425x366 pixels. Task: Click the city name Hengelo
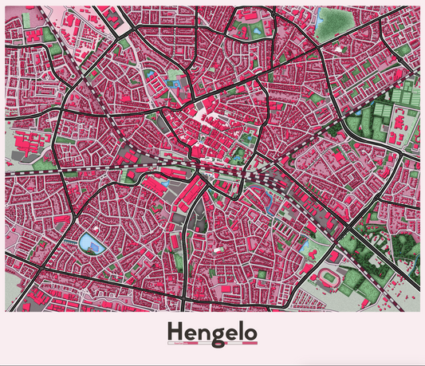212,330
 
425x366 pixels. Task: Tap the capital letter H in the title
174,329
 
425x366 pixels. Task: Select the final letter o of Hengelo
250,331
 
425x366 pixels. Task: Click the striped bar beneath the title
212,344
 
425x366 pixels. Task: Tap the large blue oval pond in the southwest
89,242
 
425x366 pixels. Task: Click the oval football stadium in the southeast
329,276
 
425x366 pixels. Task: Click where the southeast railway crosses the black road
349,231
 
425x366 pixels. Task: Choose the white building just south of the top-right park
344,49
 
